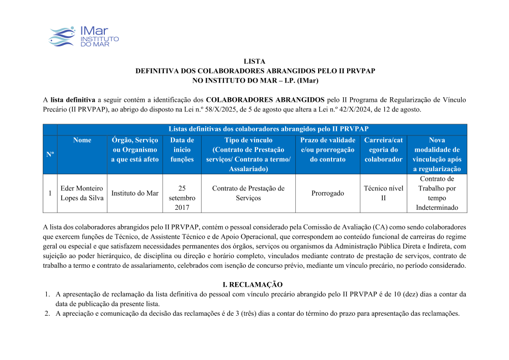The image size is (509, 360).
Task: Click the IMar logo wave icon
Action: point(62,37)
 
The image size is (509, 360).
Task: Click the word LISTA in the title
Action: point(255,62)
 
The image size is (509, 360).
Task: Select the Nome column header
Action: point(82,140)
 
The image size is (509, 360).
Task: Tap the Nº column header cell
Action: point(50,154)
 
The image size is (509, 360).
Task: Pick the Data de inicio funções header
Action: point(182,150)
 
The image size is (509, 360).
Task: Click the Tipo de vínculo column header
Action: point(248,154)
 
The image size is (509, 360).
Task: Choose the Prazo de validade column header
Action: point(327,150)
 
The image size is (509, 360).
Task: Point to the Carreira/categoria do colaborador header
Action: point(383,150)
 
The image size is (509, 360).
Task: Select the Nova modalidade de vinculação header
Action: point(437,154)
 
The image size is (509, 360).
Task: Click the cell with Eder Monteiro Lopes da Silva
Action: point(81,193)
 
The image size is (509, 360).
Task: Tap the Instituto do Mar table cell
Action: point(135,193)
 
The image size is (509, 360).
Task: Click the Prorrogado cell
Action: point(327,193)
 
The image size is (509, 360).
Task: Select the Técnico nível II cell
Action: point(383,193)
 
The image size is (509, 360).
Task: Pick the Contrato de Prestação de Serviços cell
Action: point(248,193)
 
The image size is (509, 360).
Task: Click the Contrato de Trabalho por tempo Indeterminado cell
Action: point(437,193)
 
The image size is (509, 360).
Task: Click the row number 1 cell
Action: point(50,193)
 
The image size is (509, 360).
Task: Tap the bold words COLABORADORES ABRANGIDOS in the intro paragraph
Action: point(265,100)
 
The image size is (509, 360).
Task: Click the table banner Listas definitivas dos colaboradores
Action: point(262,129)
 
